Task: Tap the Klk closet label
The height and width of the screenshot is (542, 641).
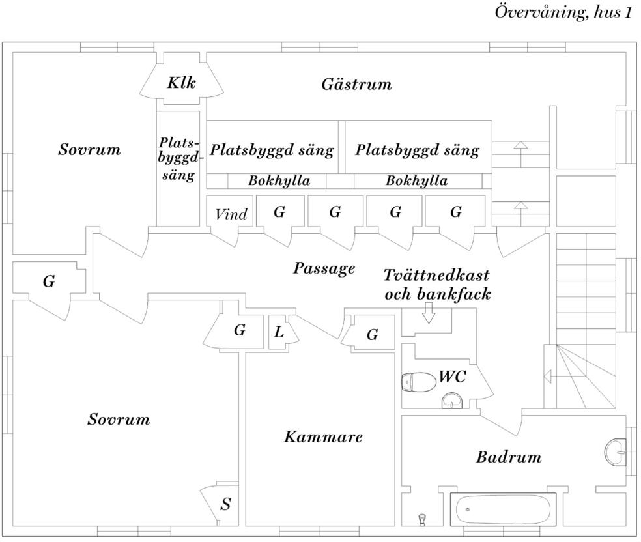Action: tap(181, 83)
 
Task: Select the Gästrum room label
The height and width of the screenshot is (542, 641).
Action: tap(356, 84)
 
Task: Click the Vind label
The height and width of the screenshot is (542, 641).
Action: tap(231, 214)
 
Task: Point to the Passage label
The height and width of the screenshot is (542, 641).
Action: tap(324, 268)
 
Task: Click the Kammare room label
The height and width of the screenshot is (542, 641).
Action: tap(323, 436)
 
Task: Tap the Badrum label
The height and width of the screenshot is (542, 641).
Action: tap(508, 457)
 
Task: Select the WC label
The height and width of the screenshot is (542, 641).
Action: tap(452, 377)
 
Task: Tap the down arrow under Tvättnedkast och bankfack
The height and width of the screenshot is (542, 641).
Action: tap(428, 314)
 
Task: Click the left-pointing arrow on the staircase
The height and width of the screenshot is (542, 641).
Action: tap(548, 376)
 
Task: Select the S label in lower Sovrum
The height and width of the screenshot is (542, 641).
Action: tap(225, 504)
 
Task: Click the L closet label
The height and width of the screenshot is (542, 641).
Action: tap(279, 332)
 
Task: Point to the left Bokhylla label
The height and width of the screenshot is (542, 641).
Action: tap(279, 181)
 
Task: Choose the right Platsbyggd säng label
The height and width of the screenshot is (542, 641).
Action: tap(417, 150)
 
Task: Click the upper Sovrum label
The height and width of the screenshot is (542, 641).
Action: tap(89, 150)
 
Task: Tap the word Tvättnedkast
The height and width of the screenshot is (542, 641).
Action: tap(436, 274)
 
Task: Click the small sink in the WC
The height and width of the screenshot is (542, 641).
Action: tap(452, 399)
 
